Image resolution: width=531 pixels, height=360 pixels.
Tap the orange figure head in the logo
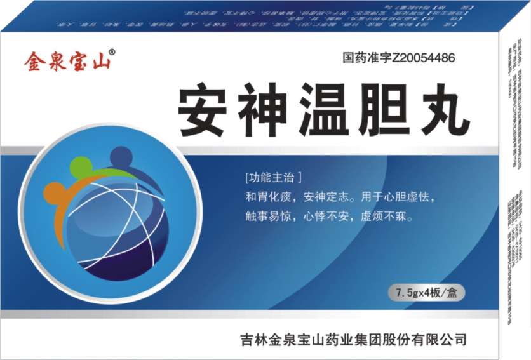[x=55, y=192]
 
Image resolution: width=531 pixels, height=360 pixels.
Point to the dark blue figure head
[x=120, y=156]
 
